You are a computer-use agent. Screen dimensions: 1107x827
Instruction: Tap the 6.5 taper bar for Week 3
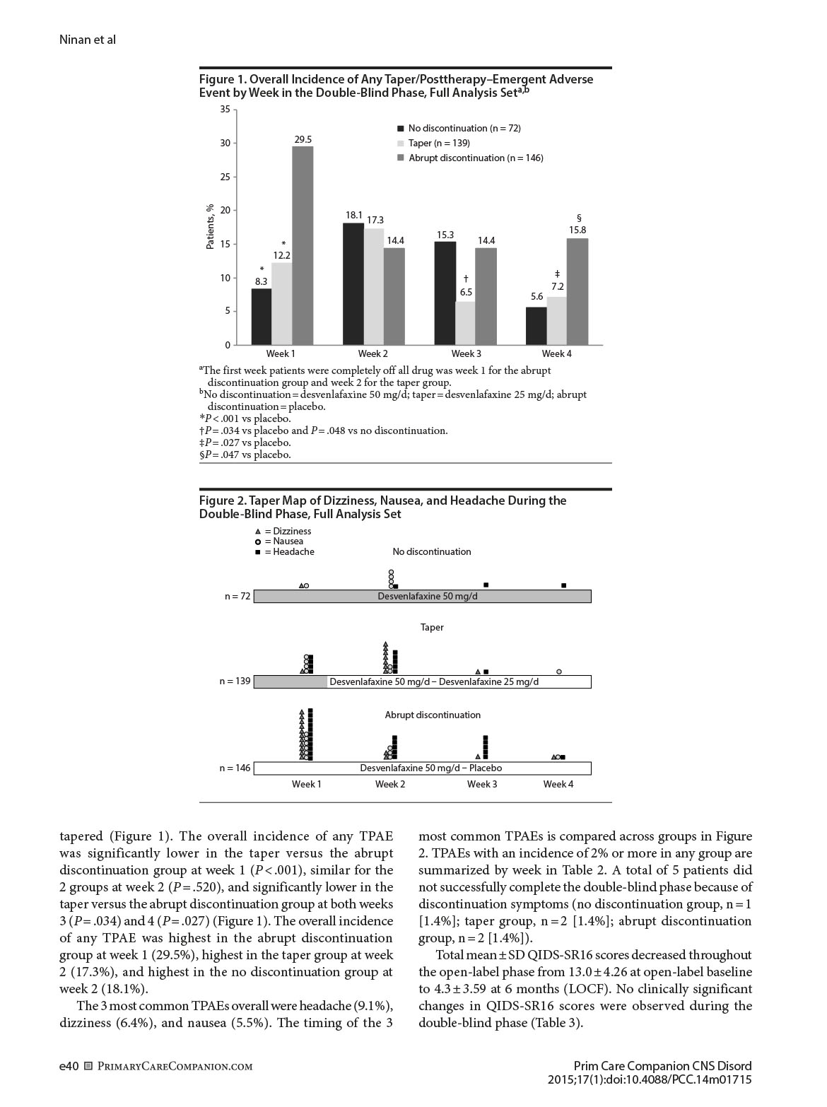(x=465, y=324)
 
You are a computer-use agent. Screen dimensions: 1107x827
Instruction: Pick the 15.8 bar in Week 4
(x=577, y=292)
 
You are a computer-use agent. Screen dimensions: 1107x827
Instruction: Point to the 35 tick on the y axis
(x=225, y=110)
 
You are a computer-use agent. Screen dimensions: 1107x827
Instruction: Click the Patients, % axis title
(x=210, y=227)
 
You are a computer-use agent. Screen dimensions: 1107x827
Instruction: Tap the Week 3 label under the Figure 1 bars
(x=466, y=353)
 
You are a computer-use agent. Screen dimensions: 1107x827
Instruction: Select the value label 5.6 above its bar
(x=537, y=297)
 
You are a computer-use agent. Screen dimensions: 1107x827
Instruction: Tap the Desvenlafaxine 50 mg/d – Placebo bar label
(x=430, y=768)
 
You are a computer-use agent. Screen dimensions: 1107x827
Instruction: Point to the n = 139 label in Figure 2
(x=235, y=681)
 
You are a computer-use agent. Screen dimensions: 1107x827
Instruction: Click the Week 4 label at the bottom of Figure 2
(x=558, y=784)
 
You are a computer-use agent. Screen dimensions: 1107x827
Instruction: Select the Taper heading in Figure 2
(x=432, y=627)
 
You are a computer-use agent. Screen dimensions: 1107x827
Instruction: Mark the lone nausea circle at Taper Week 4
(x=559, y=672)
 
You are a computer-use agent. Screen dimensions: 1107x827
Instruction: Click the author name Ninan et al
(x=88, y=40)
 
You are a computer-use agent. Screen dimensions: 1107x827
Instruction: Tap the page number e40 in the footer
(x=69, y=1066)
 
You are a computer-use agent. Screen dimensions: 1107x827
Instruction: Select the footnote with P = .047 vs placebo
(x=245, y=455)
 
